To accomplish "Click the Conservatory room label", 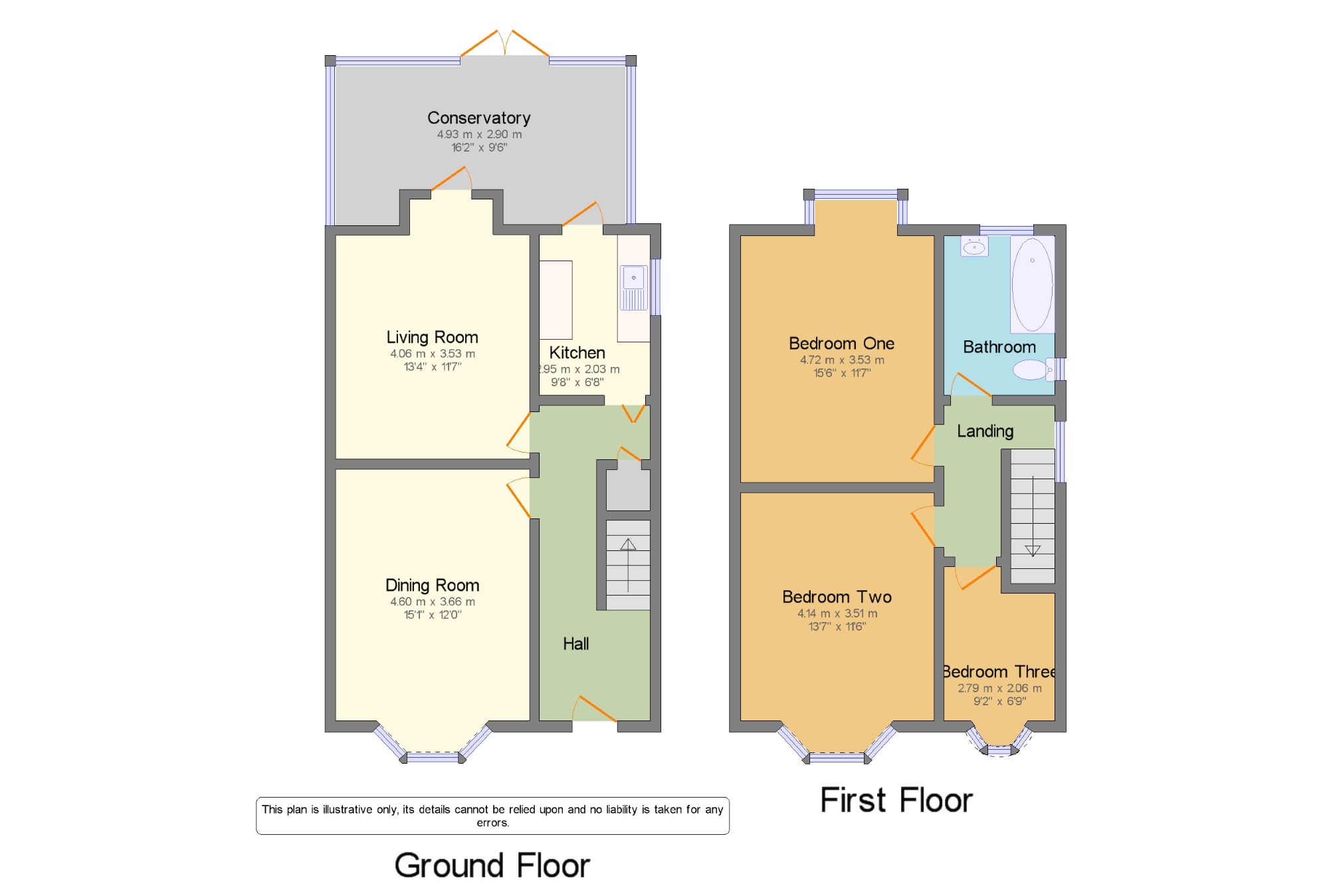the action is pyautogui.click(x=478, y=118).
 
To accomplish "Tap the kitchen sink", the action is pyautogui.click(x=634, y=288).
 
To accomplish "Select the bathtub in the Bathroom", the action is pyautogui.click(x=1032, y=284).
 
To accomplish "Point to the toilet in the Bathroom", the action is pyautogui.click(x=1033, y=370).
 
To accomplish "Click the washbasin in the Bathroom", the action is pyautogui.click(x=974, y=247).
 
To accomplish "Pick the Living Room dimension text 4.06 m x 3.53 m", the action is pyautogui.click(x=433, y=354).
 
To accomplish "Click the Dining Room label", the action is pyautogui.click(x=432, y=585).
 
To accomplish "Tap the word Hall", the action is pyautogui.click(x=575, y=643).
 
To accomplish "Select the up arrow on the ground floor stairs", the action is pyautogui.click(x=628, y=565).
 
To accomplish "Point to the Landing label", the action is pyautogui.click(x=985, y=431).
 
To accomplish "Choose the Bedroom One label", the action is pyautogui.click(x=841, y=343).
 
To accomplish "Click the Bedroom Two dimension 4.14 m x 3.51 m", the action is pyautogui.click(x=837, y=613).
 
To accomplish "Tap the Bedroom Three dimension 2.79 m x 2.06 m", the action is pyautogui.click(x=999, y=688).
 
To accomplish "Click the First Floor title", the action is pyautogui.click(x=896, y=800).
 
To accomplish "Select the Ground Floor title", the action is pyautogui.click(x=492, y=865).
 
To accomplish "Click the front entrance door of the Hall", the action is pyautogui.click(x=595, y=709).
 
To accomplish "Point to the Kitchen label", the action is pyautogui.click(x=577, y=352).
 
